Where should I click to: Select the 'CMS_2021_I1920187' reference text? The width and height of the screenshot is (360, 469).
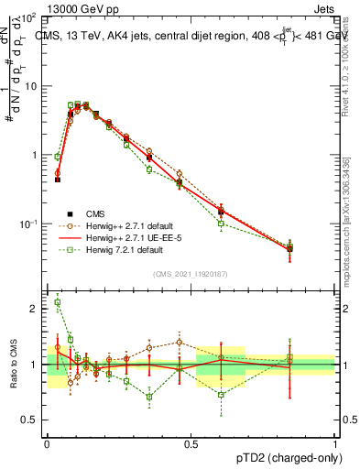point(191,274)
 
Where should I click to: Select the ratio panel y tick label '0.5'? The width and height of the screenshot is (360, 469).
point(30,420)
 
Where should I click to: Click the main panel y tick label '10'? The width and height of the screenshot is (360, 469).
point(31,86)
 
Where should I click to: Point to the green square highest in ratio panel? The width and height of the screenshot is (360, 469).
point(57,302)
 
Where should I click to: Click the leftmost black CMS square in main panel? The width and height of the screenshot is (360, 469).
point(57,180)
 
